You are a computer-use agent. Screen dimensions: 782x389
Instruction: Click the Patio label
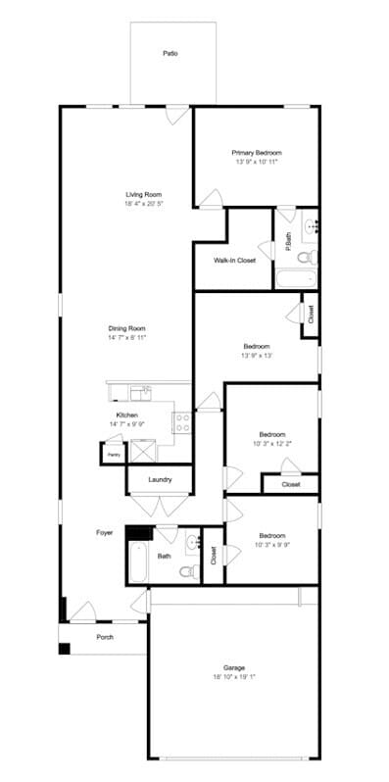click(170, 54)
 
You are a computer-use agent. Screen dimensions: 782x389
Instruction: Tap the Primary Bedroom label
click(257, 153)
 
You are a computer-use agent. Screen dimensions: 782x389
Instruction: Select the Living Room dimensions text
click(143, 204)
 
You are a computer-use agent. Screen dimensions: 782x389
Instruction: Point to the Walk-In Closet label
click(234, 260)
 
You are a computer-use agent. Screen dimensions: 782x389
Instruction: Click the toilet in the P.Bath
click(309, 257)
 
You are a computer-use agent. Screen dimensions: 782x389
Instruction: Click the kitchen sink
click(141, 392)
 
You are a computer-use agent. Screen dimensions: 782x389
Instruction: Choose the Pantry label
click(113, 455)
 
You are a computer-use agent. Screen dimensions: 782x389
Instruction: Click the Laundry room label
click(161, 479)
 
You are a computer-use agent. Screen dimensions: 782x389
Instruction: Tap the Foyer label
click(104, 532)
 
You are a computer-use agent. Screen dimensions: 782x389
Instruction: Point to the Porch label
click(105, 636)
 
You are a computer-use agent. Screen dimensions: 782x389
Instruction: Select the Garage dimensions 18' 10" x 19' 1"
click(233, 676)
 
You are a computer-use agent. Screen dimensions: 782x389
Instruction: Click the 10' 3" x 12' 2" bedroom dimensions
click(271, 444)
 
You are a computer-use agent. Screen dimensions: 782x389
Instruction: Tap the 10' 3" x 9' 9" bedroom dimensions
click(271, 545)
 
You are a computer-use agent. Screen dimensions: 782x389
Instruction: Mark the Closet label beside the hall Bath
click(213, 556)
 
